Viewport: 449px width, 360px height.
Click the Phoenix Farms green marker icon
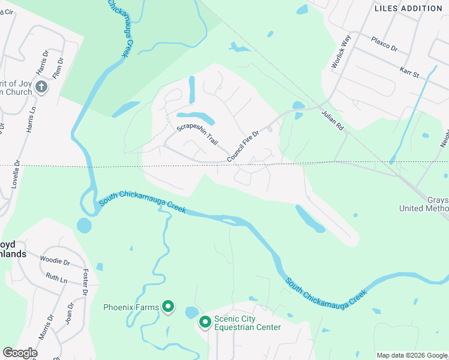tap(169, 308)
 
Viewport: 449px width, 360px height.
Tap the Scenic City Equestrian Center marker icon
tap(205, 322)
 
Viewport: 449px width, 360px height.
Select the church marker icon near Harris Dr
tap(41, 87)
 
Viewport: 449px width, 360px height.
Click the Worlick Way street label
tap(342, 55)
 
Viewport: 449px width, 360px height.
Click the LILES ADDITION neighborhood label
tap(408, 8)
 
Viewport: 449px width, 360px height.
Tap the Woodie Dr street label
tap(55, 262)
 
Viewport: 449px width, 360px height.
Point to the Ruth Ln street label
tap(56, 277)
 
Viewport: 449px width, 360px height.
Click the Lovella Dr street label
tap(17, 175)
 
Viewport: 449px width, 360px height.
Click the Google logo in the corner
tap(20, 352)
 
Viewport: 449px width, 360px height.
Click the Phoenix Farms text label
tap(131, 308)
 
